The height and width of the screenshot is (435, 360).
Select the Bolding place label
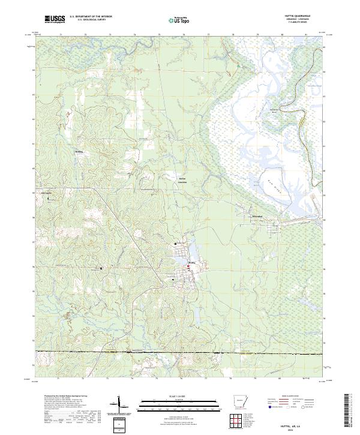click(79, 152)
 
